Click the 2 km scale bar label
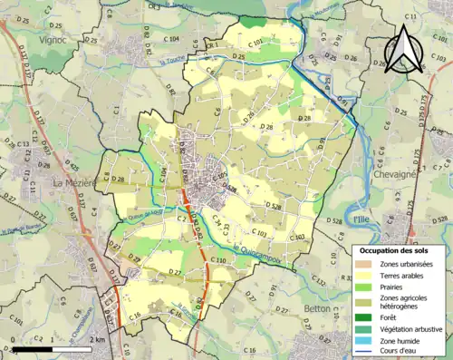coord(97,339)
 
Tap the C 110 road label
coord(217,261)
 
